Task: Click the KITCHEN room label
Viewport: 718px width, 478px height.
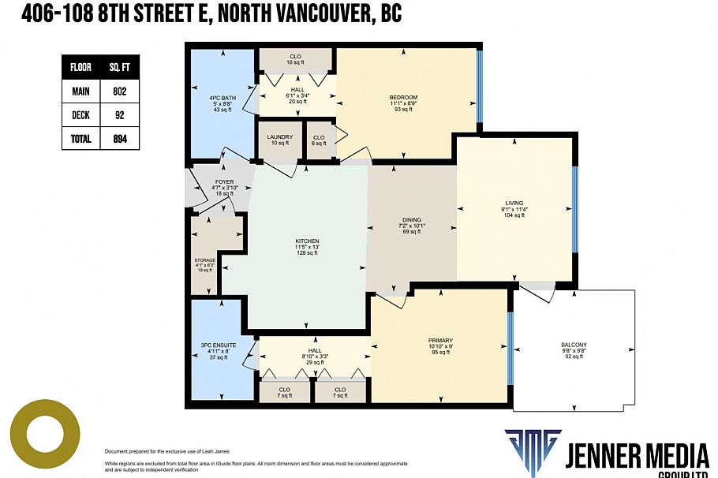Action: tap(307, 241)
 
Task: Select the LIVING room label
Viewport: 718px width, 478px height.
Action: tap(514, 203)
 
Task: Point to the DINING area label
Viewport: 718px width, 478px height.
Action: tap(411, 220)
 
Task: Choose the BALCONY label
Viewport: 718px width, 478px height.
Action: tap(574, 345)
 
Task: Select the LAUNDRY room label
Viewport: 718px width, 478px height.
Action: tap(279, 137)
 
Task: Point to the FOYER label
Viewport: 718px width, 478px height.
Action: tap(224, 181)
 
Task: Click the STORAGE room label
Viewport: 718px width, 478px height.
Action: tap(204, 260)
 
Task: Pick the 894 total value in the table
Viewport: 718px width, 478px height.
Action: tap(119, 139)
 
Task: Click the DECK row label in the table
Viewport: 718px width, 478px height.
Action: tap(80, 115)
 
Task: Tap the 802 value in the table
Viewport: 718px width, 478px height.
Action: tap(119, 91)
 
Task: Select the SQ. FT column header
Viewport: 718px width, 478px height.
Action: tap(119, 67)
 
